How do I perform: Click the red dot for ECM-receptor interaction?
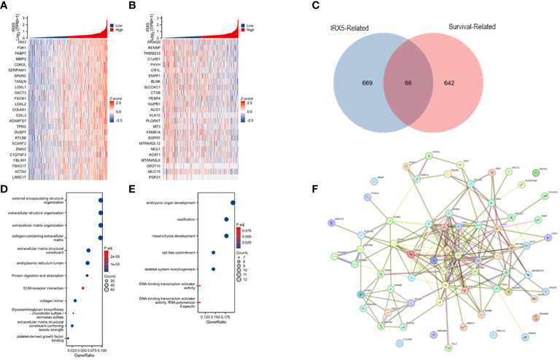click(82, 289)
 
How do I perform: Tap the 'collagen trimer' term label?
click(47, 300)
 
